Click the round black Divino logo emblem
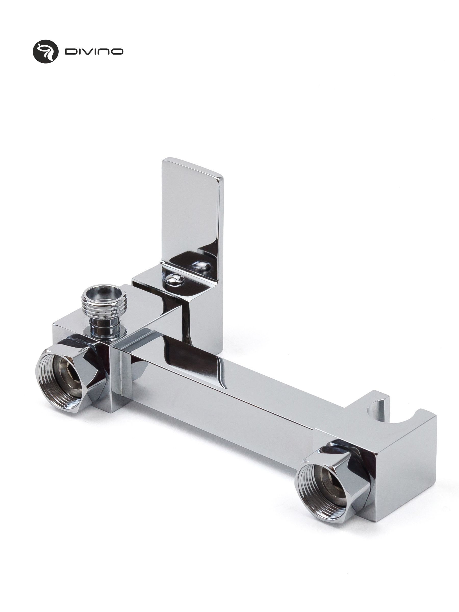tap(46, 51)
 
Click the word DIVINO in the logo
tap(94, 52)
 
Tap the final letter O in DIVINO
tap(117, 52)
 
